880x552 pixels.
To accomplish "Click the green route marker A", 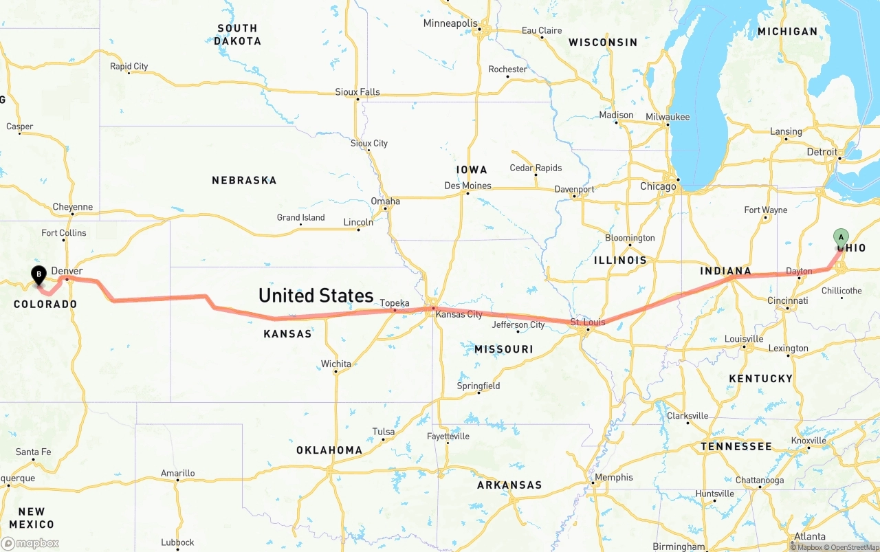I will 840,238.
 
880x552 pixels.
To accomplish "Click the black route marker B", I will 39,275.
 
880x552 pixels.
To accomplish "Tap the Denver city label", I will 67,272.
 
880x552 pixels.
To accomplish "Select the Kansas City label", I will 459,314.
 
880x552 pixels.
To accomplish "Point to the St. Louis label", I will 588,322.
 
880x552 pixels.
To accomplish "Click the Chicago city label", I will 658,186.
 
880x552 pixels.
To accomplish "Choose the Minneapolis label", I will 450,23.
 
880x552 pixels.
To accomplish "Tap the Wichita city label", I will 335,364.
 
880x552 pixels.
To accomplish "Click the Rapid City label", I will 129,67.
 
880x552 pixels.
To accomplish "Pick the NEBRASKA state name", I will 244,180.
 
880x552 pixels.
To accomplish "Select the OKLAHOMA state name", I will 329,450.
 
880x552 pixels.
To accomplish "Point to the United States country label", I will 316,296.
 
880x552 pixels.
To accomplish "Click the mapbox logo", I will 30,543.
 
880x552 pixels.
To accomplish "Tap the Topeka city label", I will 395,303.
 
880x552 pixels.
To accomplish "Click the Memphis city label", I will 614,477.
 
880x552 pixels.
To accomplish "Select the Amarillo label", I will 178,473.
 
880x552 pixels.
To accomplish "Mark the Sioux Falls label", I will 357,92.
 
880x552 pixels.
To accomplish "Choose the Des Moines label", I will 467,186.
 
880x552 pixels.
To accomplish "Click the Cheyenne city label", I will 73,207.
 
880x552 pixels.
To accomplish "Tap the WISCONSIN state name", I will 603,43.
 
